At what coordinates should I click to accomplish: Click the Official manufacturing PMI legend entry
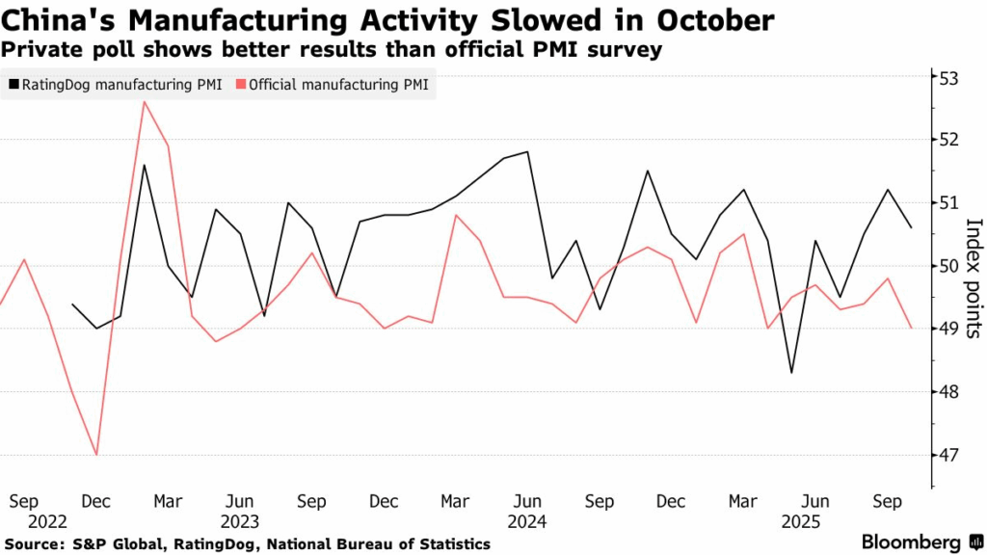[x=337, y=85]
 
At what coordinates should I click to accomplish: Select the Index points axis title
[x=974, y=278]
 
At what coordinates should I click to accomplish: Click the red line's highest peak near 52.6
[x=145, y=101]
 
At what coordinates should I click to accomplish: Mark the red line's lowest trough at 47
[x=96, y=454]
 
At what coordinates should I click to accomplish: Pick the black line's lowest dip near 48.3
[x=791, y=372]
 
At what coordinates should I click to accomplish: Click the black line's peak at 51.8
[x=527, y=151]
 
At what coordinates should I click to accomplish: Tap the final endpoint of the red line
[x=911, y=329]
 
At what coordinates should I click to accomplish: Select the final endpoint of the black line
[x=911, y=227]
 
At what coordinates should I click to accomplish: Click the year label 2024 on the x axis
[x=527, y=521]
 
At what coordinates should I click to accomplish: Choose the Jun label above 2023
[x=240, y=501]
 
